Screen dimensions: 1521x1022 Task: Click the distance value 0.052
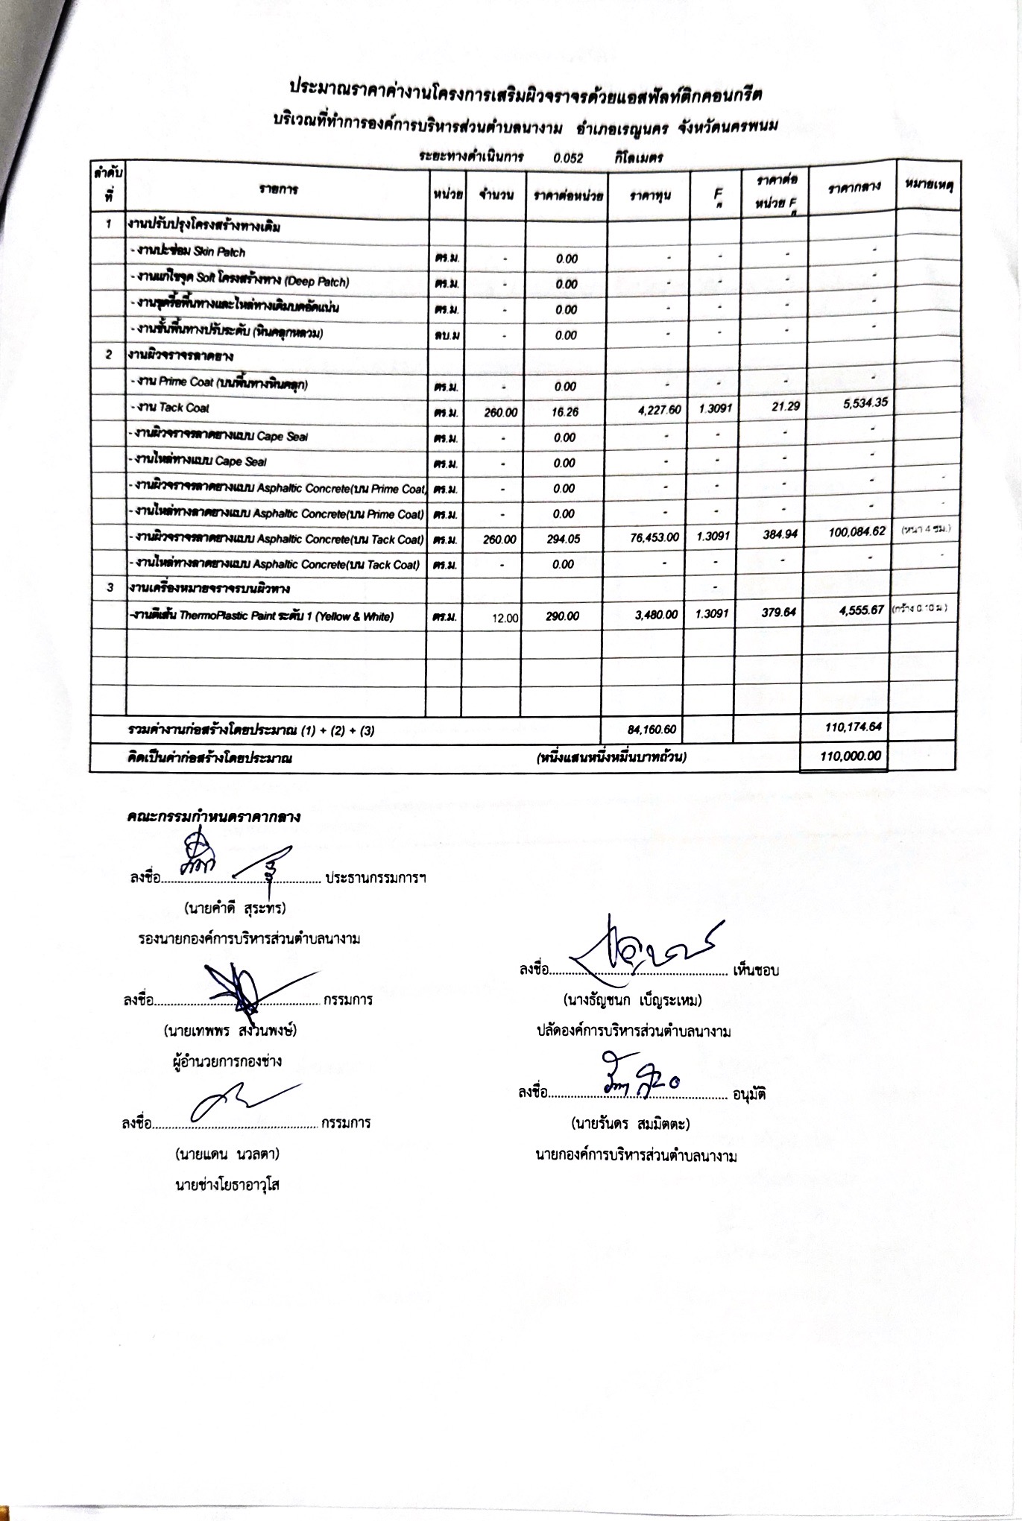pyautogui.click(x=568, y=158)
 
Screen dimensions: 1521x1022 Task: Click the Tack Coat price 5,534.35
pyautogui.click(x=859, y=403)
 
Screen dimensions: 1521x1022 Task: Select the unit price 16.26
pyautogui.click(x=567, y=412)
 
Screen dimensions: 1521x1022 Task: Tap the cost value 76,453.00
pyautogui.click(x=654, y=537)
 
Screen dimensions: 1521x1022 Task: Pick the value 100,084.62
pyautogui.click(x=857, y=531)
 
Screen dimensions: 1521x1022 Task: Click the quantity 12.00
pyautogui.click(x=505, y=617)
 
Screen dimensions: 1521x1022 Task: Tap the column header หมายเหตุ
pyautogui.click(x=926, y=183)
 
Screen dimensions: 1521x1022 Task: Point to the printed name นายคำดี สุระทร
pyautogui.click(x=235, y=908)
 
